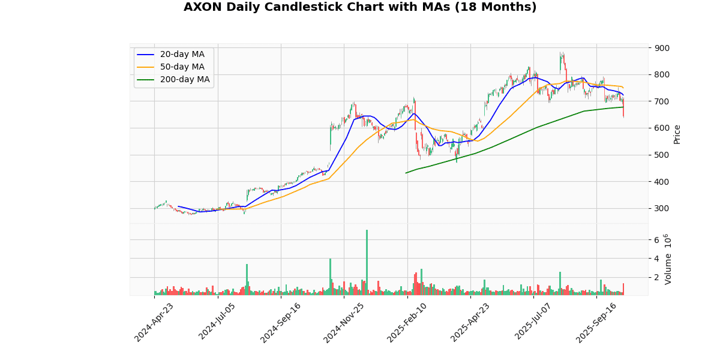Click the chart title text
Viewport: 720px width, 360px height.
[x=360, y=7]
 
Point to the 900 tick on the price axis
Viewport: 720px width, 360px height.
[x=662, y=48]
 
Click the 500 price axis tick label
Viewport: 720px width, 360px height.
[x=662, y=155]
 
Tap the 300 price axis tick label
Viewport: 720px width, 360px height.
[x=662, y=209]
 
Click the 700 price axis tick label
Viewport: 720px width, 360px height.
[x=662, y=101]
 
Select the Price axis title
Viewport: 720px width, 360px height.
[x=677, y=134]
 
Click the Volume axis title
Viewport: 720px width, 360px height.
[x=668, y=259]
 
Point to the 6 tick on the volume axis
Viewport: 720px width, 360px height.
[x=656, y=240]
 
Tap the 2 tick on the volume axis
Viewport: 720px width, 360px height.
[x=656, y=278]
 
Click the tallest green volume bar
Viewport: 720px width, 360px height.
[x=367, y=262]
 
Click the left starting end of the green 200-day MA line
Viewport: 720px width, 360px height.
[x=406, y=173]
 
